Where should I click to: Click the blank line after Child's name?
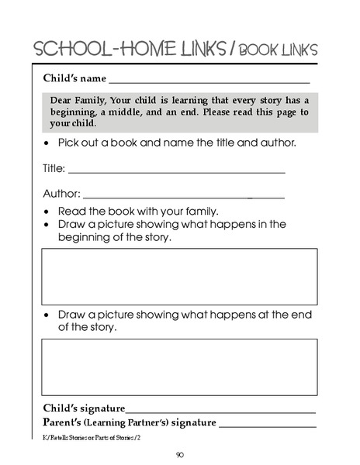[x=209, y=81]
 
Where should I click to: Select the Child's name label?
[x=74, y=78]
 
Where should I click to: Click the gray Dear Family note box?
[x=179, y=112]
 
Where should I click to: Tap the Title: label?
[x=54, y=167]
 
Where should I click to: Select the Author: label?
[x=61, y=194]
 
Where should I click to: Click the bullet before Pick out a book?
[x=48, y=144]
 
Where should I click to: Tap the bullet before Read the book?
[x=48, y=212]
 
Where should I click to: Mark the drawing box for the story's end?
[x=179, y=367]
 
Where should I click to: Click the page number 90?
[x=179, y=456]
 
